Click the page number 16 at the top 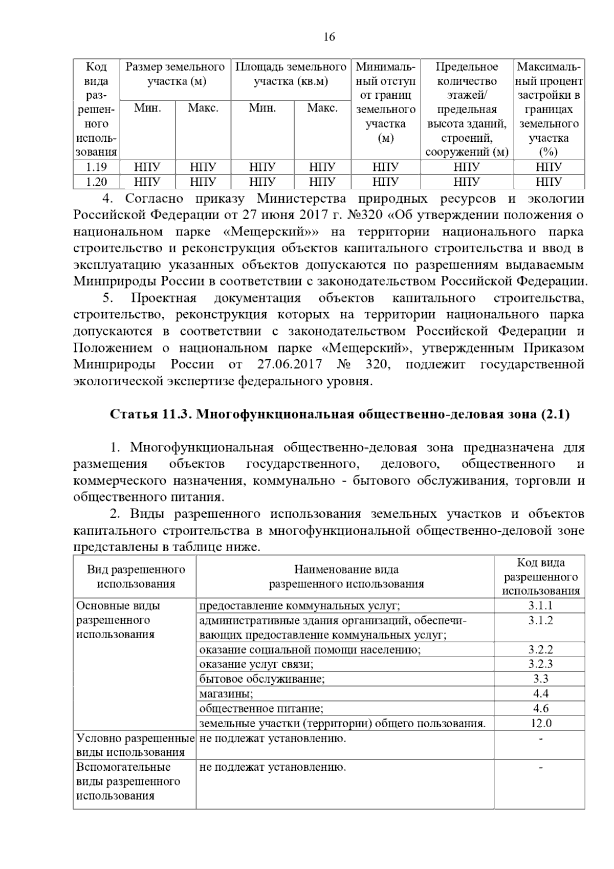click(329, 37)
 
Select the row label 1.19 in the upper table click(96, 167)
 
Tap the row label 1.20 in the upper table click(96, 182)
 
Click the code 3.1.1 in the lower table click(540, 606)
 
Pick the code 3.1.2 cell click(540, 621)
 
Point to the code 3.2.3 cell click(540, 664)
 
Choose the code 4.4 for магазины click(540, 694)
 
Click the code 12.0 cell click(540, 723)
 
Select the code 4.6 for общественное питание click(540, 709)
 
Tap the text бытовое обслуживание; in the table click(262, 679)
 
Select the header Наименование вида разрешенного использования click(346, 577)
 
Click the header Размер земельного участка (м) click(176, 74)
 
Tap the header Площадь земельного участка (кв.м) click(291, 74)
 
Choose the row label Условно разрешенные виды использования click(135, 745)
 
